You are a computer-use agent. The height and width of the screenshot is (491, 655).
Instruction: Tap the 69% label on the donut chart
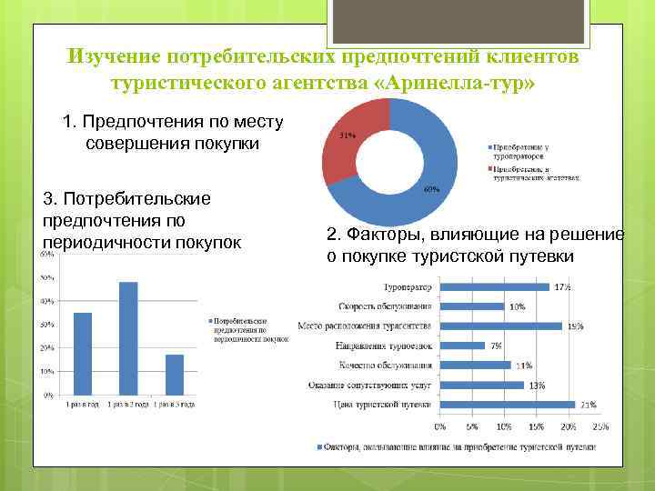[432, 189]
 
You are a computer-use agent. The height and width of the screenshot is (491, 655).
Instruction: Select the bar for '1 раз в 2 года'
[128, 338]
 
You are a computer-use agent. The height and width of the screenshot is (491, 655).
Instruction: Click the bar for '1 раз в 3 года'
[175, 375]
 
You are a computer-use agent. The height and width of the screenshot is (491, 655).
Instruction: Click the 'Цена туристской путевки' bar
[507, 405]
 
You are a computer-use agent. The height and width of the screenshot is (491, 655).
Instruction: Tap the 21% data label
[589, 405]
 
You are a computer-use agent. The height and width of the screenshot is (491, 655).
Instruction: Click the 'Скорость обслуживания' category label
[385, 306]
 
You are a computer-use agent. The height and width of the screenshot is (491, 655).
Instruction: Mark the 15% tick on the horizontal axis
[537, 426]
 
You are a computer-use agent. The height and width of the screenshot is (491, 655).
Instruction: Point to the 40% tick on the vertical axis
[45, 301]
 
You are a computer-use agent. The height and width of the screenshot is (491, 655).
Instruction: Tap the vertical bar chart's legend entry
[241, 332]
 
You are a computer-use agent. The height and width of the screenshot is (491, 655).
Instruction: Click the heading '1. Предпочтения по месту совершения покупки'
[173, 133]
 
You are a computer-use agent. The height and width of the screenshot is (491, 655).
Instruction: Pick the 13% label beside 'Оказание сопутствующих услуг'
[537, 386]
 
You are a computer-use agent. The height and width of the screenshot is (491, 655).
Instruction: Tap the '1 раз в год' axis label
[83, 404]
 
